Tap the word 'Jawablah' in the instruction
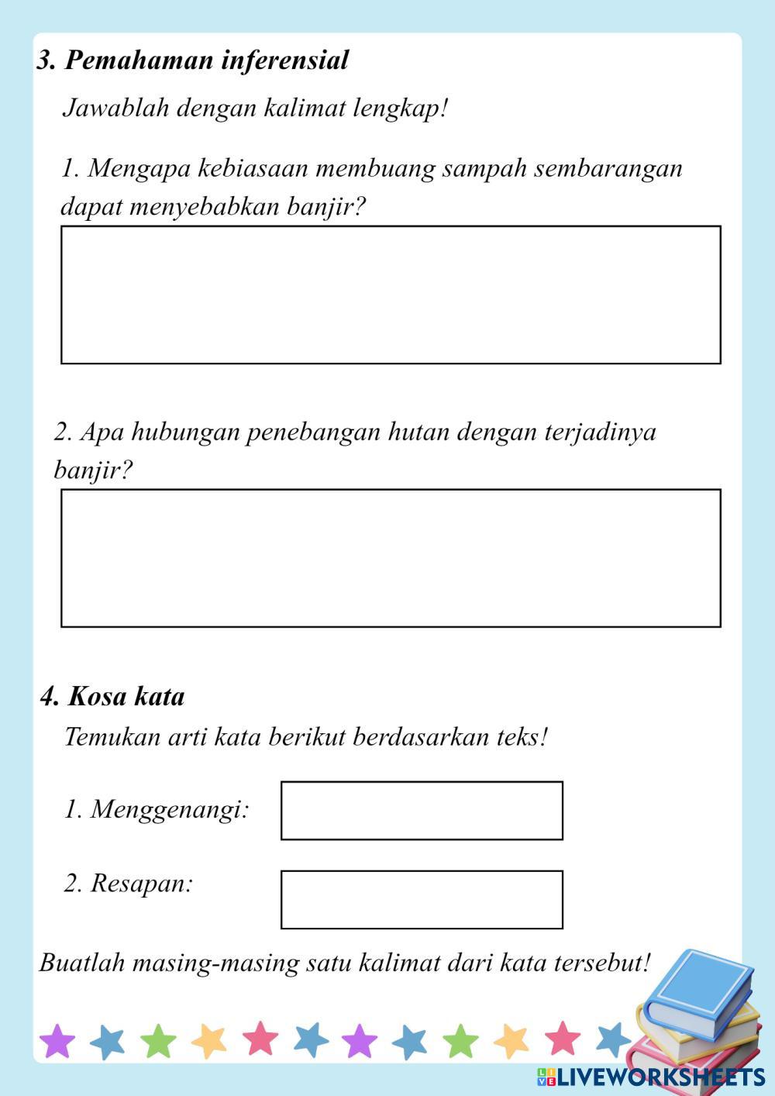(x=115, y=108)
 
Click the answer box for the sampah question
(x=391, y=295)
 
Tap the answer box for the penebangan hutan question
(x=391, y=558)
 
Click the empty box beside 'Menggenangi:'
(x=422, y=811)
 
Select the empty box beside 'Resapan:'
(x=422, y=900)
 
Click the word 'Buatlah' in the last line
(x=82, y=963)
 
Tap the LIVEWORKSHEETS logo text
(x=659, y=1077)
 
